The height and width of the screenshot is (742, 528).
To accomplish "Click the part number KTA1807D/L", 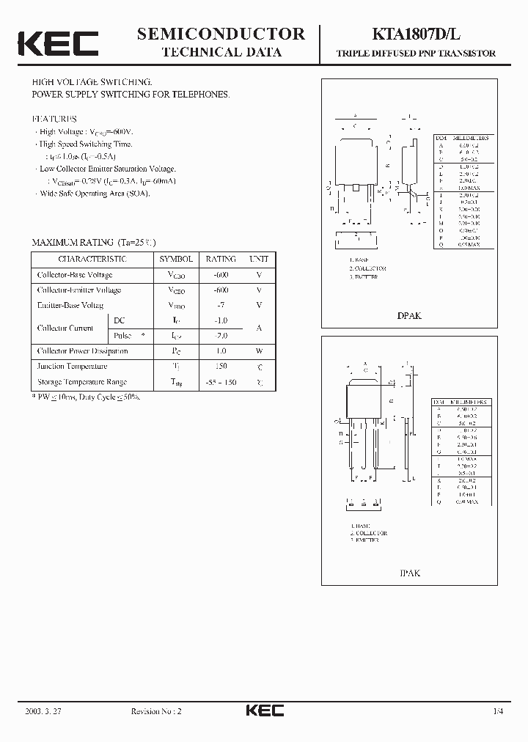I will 416,34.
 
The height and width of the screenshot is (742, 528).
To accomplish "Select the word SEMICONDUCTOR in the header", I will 221,34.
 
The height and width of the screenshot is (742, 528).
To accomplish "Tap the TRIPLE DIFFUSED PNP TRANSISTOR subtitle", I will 416,54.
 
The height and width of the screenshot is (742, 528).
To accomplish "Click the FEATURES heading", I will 54,118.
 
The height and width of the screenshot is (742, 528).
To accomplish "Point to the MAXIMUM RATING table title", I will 93,242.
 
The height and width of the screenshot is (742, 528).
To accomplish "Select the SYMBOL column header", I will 176,259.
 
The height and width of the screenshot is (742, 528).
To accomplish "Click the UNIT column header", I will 259,259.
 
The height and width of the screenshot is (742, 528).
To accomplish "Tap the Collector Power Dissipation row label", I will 83,350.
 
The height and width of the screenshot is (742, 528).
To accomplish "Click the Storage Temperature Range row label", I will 82,382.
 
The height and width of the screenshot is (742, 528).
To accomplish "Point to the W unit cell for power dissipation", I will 259,350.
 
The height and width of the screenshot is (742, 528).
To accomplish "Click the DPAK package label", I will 409,315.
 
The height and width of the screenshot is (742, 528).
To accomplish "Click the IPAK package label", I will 409,573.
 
